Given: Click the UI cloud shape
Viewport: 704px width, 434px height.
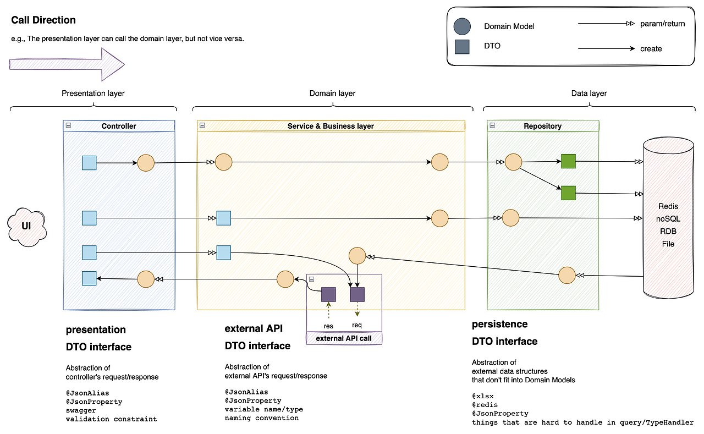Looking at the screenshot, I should (25, 226).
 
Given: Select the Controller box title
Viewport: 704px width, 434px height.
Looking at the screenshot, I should (119, 126).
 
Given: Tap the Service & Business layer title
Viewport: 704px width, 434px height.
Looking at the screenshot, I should (331, 126).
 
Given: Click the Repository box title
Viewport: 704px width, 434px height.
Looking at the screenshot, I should (542, 126).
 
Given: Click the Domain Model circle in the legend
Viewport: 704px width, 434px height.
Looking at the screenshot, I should (462, 26).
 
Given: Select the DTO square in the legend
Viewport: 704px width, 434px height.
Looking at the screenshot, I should (462, 47).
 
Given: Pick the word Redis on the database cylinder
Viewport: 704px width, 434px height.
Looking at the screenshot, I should (668, 206).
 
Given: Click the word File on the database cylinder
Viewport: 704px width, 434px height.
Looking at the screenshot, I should (668, 244).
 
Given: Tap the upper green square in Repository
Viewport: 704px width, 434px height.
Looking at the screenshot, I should (568, 161).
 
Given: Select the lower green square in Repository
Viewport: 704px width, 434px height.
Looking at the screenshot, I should (568, 193).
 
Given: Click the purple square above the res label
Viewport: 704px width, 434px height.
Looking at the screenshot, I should (328, 294).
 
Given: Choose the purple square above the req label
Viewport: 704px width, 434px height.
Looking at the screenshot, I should (358, 294).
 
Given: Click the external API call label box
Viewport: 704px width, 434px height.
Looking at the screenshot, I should (344, 338).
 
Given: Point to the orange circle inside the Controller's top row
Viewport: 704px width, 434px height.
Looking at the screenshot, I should (146, 163).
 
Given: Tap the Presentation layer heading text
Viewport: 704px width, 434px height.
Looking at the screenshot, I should (93, 94).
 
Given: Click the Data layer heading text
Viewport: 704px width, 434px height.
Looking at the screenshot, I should (589, 94).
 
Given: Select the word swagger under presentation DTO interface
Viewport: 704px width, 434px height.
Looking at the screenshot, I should (81, 410).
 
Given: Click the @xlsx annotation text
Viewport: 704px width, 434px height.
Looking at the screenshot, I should (482, 396).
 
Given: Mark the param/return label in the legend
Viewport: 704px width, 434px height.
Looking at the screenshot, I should (663, 24).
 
